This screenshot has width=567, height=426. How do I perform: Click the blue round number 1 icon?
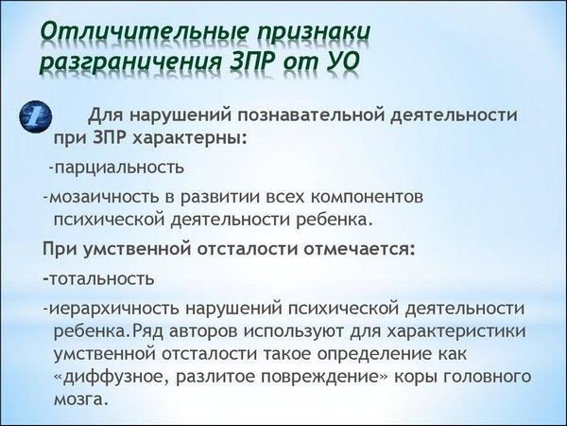point(36,116)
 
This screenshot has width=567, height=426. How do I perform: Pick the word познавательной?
point(311,115)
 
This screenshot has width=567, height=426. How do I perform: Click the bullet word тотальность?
point(102,279)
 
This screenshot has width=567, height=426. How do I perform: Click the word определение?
point(372,354)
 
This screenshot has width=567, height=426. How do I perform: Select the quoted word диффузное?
point(115,377)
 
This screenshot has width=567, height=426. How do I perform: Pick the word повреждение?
point(319,377)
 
